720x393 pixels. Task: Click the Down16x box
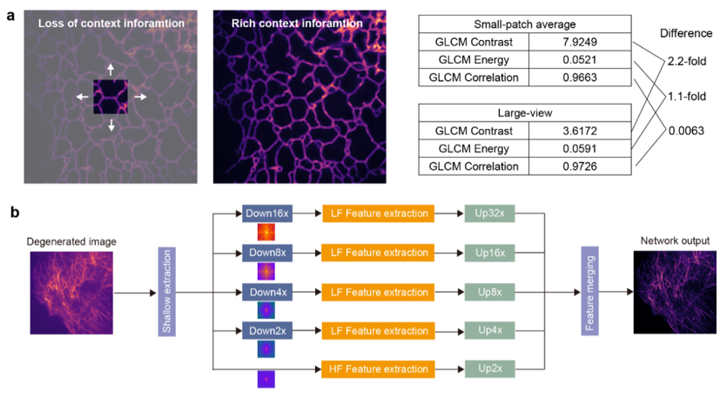point(267,213)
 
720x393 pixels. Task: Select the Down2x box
point(267,331)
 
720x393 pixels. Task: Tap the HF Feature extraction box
point(379,369)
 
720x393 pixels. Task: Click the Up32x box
point(489,213)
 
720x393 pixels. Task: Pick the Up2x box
point(489,369)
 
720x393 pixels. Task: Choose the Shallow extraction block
point(166,291)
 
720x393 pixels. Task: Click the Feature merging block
point(589,291)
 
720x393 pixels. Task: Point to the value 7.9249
point(580,43)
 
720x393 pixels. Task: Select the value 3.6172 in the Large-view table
point(580,131)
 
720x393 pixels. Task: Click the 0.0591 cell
point(580,148)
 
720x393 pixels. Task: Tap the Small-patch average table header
point(525,24)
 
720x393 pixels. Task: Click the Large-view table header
point(525,113)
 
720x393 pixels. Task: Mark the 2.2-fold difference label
point(686,62)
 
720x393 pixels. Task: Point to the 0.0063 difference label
point(686,131)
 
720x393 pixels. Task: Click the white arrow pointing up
point(111,70)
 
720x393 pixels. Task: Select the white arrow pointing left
point(83,97)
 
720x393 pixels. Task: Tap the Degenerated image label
point(71,241)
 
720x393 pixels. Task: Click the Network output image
point(675,292)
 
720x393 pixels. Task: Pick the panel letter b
point(15,212)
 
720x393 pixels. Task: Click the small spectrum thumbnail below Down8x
point(266,271)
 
